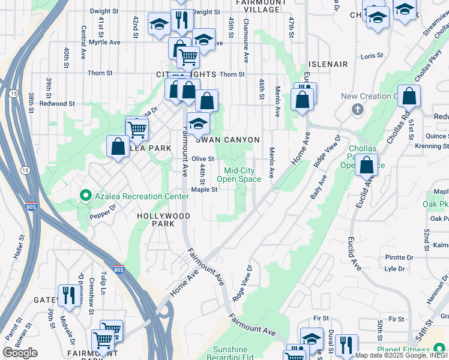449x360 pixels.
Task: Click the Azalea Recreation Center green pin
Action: [85, 196]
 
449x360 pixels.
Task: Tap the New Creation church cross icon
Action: [358, 109]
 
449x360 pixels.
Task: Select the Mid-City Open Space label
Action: [238, 175]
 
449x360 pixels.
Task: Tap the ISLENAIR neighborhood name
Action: [328, 64]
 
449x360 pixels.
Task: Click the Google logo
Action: [20, 352]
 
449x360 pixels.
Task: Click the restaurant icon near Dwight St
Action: [181, 20]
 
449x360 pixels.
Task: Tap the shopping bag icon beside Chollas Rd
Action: [409, 96]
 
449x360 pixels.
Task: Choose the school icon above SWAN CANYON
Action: [198, 124]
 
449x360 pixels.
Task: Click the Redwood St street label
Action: [57, 103]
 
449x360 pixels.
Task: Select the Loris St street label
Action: [372, 56]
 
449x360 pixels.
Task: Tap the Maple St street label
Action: [203, 190]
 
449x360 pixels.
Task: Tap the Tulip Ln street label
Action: [103, 287]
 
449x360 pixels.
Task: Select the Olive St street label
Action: [203, 158]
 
